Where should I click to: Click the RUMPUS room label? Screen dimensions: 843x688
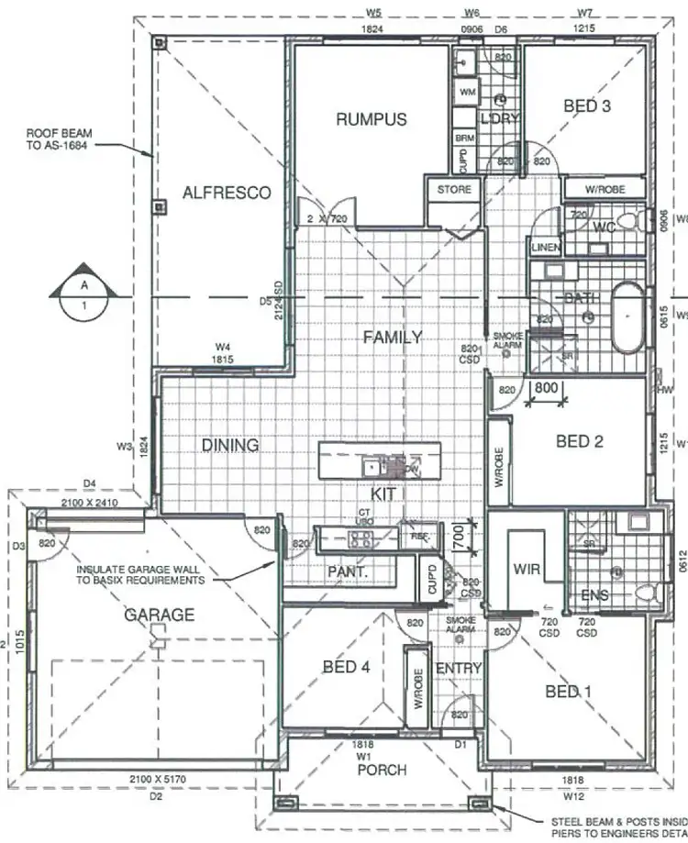click(371, 119)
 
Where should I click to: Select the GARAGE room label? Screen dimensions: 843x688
click(160, 615)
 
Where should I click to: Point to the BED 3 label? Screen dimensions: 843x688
click(587, 106)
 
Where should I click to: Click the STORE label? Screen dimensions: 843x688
click(454, 190)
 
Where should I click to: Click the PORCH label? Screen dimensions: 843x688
click(382, 770)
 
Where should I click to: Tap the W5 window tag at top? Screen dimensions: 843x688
click(373, 12)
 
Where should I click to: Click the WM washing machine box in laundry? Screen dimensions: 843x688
click(467, 93)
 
